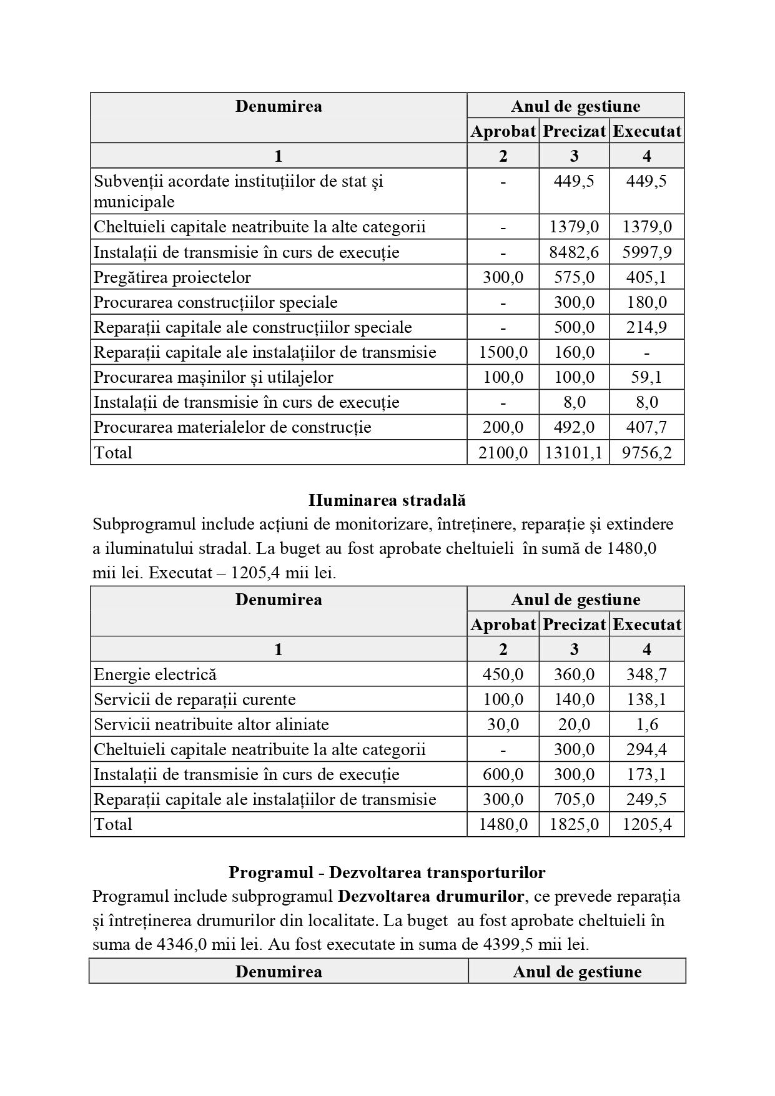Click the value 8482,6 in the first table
pyautogui.click(x=574, y=252)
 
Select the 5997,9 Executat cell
pyautogui.click(x=646, y=252)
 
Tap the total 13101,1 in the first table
pyautogui.click(x=574, y=452)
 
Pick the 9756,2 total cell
pyautogui.click(x=646, y=452)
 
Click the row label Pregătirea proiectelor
pyautogui.click(x=172, y=277)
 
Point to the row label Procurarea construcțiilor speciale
pyautogui.click(x=215, y=302)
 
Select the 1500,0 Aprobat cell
pyautogui.click(x=503, y=352)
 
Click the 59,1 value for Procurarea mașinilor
pyautogui.click(x=646, y=377)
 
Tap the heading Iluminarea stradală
pyautogui.click(x=387, y=500)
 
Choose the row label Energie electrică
pyautogui.click(x=155, y=674)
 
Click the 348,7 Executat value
pyautogui.click(x=646, y=674)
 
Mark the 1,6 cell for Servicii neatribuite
pyautogui.click(x=646, y=724)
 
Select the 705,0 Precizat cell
pyautogui.click(x=574, y=799)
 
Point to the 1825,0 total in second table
pyautogui.click(x=574, y=824)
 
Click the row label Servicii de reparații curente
pyautogui.click(x=195, y=699)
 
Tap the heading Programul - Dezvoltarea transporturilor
pyautogui.click(x=387, y=872)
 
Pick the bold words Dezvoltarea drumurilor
pyautogui.click(x=431, y=896)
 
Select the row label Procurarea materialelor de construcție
pyautogui.click(x=232, y=427)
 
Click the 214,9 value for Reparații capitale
pyautogui.click(x=646, y=327)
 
